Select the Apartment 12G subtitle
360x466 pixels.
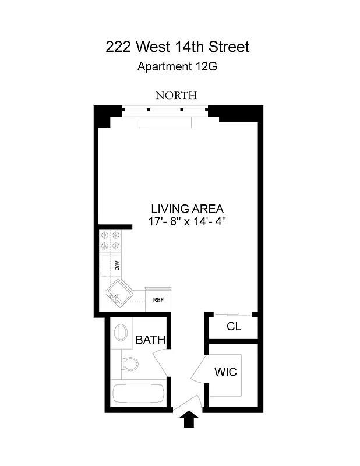(177, 66)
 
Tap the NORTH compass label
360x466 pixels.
(176, 96)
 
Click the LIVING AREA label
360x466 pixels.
(187, 209)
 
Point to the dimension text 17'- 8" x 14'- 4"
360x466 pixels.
(187, 221)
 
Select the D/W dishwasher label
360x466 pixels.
(117, 266)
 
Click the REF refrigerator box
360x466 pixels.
(158, 301)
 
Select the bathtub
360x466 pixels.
(137, 394)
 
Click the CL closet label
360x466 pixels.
(234, 327)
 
